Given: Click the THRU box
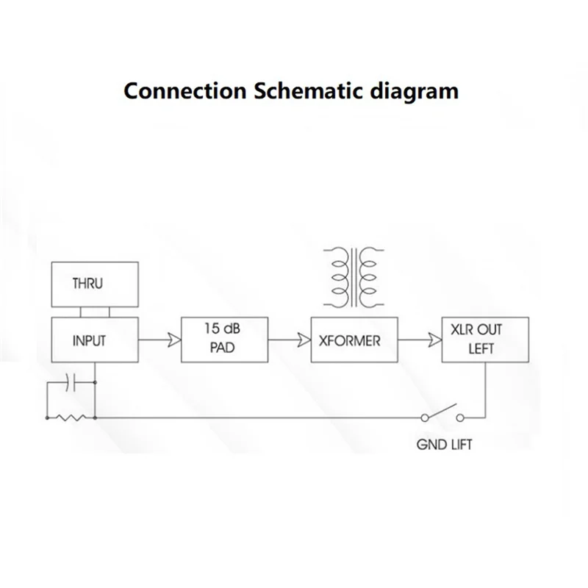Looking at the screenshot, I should coord(93,284).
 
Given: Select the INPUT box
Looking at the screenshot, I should coord(93,340).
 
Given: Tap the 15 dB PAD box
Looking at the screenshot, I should coord(224,340).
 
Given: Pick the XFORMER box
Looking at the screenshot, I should coord(354,340).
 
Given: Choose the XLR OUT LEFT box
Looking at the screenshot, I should coord(484,340).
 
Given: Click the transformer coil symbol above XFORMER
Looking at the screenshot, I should coord(354,277).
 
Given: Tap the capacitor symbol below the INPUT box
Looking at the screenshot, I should coord(71,382).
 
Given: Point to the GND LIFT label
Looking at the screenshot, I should coord(445,445).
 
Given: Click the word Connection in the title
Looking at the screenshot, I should coord(185,90).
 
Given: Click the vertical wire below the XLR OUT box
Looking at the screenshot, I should coord(484,390).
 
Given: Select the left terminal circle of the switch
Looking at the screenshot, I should coord(425,417).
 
